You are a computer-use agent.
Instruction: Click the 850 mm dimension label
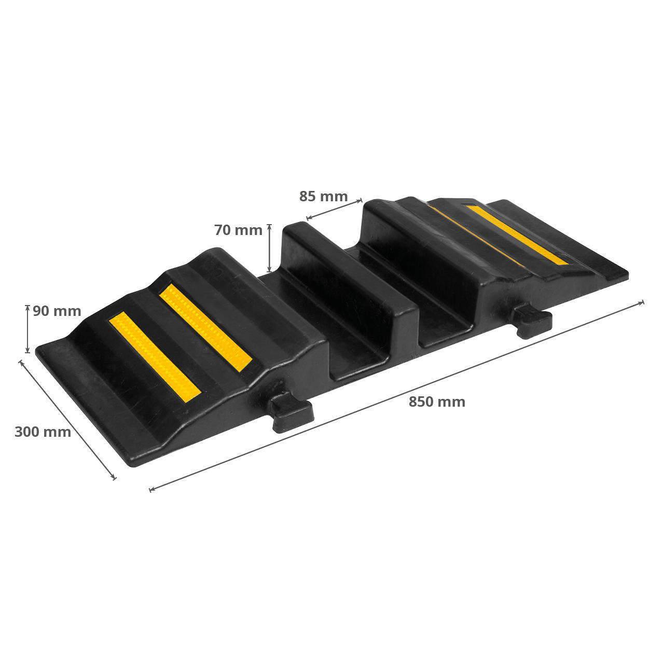(x=436, y=402)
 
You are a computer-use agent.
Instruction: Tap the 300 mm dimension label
(x=43, y=432)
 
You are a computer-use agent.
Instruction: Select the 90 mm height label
(x=57, y=311)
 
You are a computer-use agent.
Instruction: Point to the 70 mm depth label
(x=238, y=230)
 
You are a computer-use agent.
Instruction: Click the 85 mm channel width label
(x=323, y=197)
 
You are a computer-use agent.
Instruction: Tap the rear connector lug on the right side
(x=532, y=321)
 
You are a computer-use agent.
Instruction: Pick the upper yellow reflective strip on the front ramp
(x=205, y=327)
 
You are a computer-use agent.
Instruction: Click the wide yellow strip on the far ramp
(x=517, y=234)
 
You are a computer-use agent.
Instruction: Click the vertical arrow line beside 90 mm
(x=27, y=329)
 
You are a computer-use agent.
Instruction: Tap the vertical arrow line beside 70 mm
(x=269, y=248)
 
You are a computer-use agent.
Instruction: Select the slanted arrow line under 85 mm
(x=334, y=209)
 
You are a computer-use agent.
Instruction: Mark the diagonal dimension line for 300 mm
(x=67, y=419)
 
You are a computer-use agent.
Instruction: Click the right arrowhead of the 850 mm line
(x=642, y=302)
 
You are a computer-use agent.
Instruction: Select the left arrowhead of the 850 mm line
(x=151, y=489)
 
